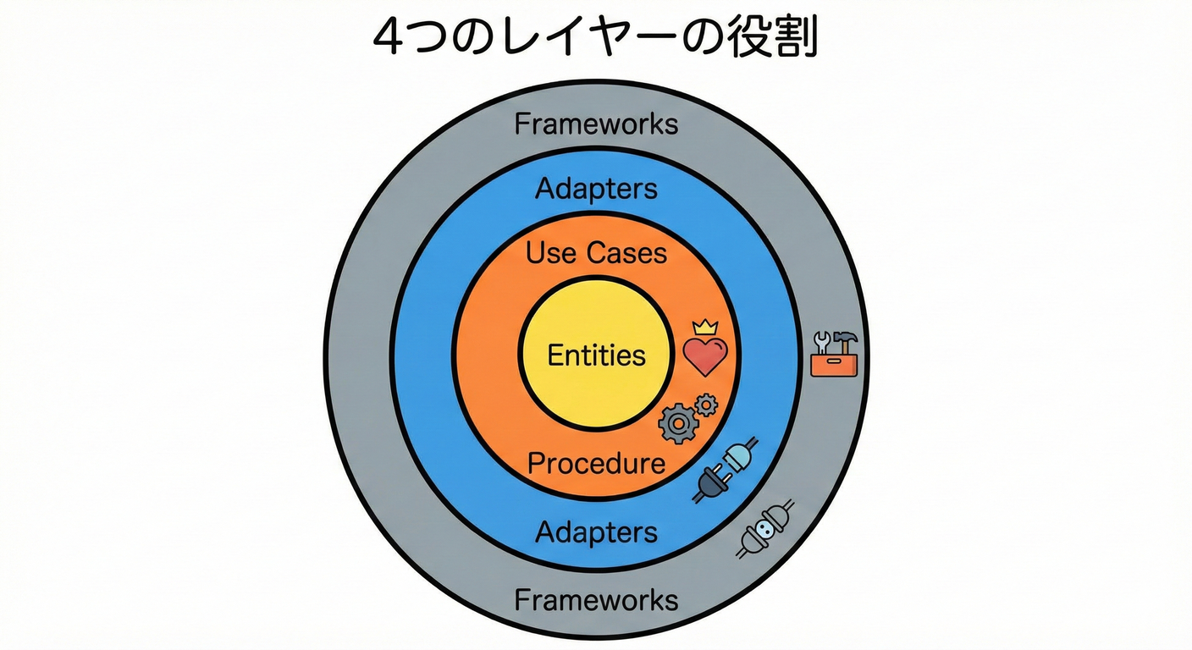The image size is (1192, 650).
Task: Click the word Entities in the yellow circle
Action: (x=596, y=355)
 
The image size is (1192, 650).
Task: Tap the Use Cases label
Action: (x=596, y=252)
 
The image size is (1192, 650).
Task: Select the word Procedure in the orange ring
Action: (x=596, y=463)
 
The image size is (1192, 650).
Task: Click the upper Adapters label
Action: (x=596, y=189)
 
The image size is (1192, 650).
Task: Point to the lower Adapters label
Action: (x=596, y=532)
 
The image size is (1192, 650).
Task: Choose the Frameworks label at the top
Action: (x=596, y=124)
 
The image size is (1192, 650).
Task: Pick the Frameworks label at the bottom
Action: (x=596, y=600)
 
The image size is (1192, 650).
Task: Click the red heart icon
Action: (x=705, y=356)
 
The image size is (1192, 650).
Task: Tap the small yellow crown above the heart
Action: (x=704, y=328)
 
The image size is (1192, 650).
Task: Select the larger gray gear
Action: (x=676, y=422)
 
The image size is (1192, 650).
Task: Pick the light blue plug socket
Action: (x=738, y=457)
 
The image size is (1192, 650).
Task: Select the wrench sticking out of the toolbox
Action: (x=820, y=343)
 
